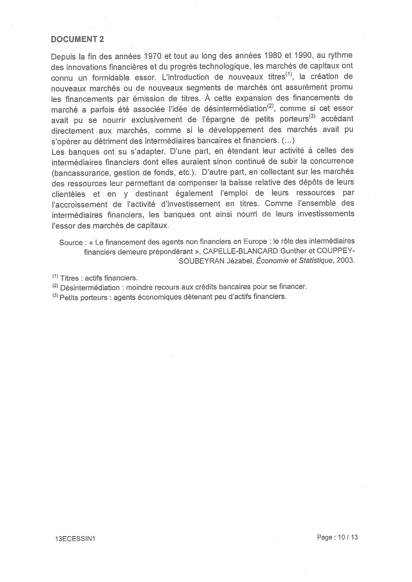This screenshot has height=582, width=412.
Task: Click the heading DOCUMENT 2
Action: (x=77, y=39)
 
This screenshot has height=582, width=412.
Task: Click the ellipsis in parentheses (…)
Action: (x=288, y=140)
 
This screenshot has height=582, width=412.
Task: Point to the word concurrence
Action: (x=332, y=161)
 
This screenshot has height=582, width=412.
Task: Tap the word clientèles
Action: (x=68, y=194)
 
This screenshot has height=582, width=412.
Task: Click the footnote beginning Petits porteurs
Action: (x=169, y=297)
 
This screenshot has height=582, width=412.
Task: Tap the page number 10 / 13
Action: (x=348, y=537)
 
